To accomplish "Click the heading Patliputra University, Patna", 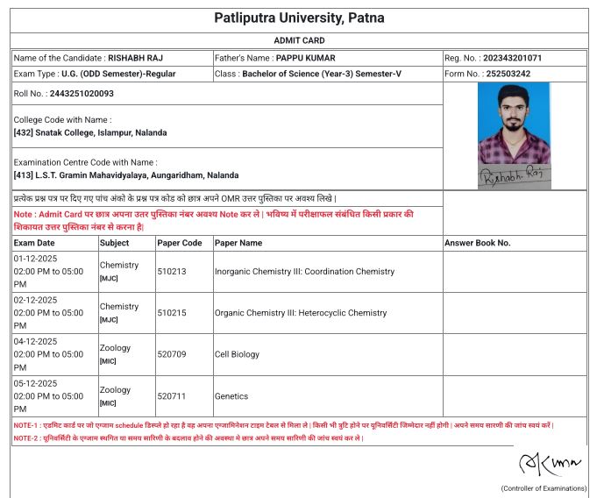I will coord(299,18).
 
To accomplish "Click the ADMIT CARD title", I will coord(299,40).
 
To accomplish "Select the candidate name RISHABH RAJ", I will coord(140,58).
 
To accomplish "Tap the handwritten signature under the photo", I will coord(513,177).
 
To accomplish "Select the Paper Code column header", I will coord(180,243).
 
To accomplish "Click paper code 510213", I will coord(172,272).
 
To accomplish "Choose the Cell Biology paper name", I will coord(237,354).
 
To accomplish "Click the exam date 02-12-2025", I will coord(35,300).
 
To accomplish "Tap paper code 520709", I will coord(172,354).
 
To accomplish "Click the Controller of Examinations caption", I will coord(544,487).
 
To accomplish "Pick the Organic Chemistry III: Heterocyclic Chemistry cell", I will coord(301,313).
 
